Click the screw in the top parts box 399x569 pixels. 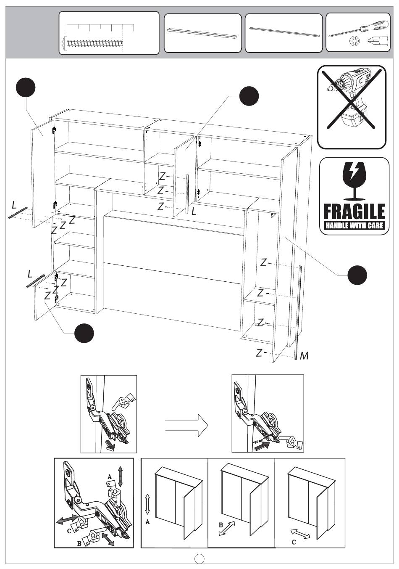click(93, 42)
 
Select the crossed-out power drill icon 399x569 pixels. click(352, 107)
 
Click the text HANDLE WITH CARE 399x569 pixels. click(354, 225)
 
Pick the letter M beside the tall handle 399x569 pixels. click(304, 356)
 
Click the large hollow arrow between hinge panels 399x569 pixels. click(186, 426)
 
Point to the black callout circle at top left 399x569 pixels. click(26, 87)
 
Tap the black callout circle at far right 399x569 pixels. click(357, 275)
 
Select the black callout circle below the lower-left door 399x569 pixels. click(84, 333)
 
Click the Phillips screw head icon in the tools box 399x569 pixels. click(353, 41)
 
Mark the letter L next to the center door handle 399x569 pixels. click(194, 212)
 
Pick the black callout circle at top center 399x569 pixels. click(249, 96)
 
